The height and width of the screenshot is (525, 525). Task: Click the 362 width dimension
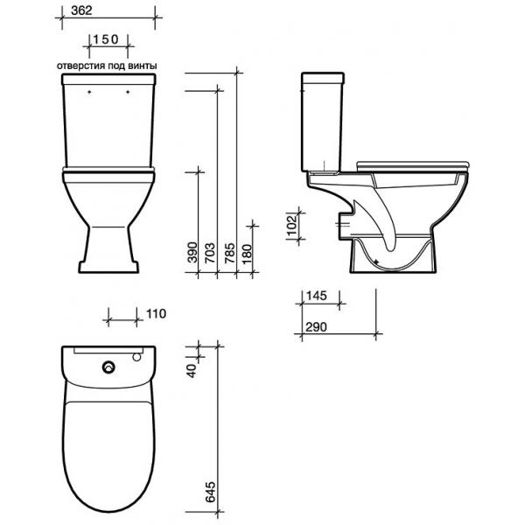[x=81, y=10]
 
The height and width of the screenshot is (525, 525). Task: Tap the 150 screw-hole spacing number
[x=106, y=39]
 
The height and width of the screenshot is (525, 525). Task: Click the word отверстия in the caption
[x=80, y=66]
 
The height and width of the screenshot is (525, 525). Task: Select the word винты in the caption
[x=143, y=66]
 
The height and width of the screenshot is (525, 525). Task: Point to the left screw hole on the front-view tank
[x=89, y=91]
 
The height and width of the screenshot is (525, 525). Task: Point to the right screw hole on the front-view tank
[x=128, y=91]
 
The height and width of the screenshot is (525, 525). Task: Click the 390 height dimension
[x=192, y=252]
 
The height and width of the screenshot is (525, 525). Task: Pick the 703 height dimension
[x=210, y=252]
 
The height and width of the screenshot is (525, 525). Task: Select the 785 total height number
[x=229, y=253]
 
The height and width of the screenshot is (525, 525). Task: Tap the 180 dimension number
[x=247, y=254]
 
